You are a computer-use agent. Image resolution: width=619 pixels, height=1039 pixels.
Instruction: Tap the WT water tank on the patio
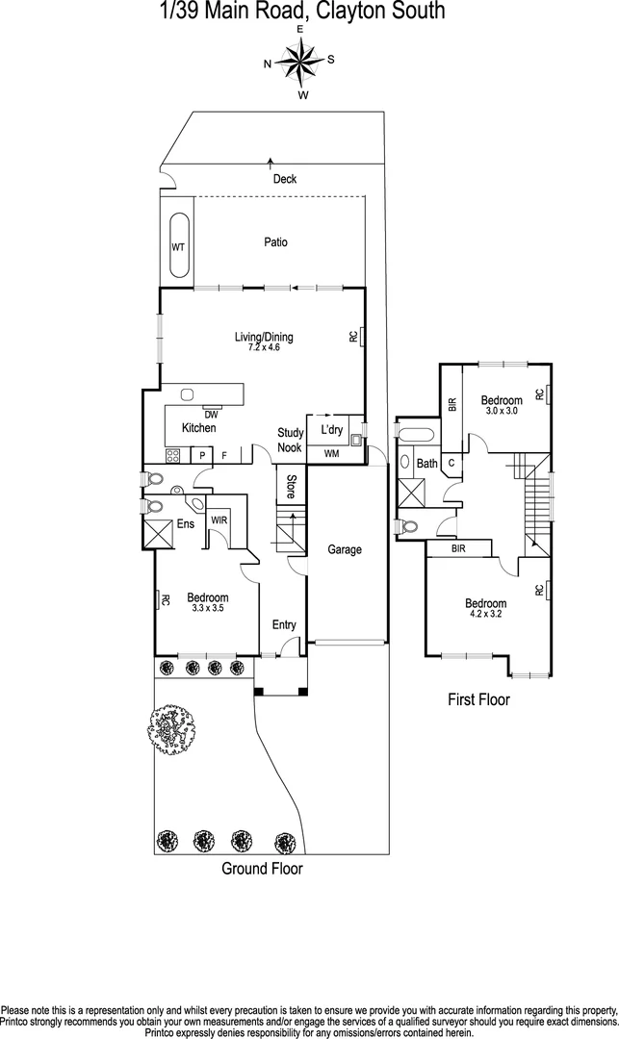(178, 247)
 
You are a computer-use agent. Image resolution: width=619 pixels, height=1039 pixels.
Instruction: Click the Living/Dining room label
(264, 337)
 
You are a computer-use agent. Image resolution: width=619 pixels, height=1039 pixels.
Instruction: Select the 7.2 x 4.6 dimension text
(264, 347)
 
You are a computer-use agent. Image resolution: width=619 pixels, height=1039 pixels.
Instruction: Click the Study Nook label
(291, 441)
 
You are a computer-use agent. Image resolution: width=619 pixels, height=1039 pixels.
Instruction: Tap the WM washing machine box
(331, 453)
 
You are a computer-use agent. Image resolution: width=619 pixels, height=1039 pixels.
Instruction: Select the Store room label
(290, 485)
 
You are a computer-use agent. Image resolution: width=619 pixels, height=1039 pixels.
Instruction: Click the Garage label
(345, 550)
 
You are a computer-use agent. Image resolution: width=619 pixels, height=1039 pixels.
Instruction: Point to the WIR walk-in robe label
(219, 520)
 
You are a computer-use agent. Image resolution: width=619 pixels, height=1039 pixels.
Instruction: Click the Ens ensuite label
(187, 524)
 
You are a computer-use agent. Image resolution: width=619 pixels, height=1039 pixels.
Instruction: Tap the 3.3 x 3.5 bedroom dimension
(208, 608)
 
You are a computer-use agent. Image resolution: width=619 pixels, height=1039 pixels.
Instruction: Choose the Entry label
(284, 625)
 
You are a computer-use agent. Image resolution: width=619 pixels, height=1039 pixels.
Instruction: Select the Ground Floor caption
(262, 869)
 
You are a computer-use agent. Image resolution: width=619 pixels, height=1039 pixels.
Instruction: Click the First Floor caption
(478, 700)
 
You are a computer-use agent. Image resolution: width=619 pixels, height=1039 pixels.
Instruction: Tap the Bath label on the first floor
(427, 464)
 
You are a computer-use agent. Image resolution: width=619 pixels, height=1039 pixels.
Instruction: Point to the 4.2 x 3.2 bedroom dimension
(488, 615)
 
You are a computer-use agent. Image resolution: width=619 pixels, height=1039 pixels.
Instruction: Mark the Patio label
(276, 242)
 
